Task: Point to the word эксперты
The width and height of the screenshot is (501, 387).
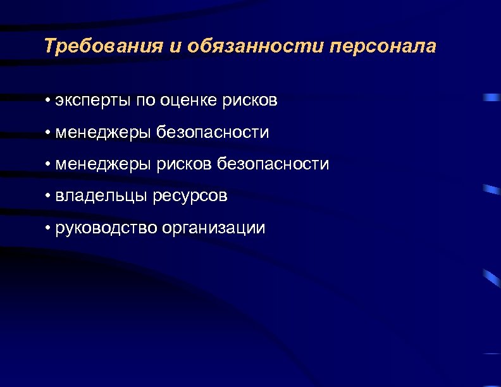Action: click(x=92, y=101)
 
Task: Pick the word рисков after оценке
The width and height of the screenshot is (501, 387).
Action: click(x=250, y=101)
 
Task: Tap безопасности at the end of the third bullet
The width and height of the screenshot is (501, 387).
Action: click(x=273, y=164)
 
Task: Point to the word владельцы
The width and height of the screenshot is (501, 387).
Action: click(x=102, y=196)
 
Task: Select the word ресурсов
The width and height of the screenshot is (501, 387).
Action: click(x=190, y=196)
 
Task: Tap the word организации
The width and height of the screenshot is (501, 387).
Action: click(x=214, y=228)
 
